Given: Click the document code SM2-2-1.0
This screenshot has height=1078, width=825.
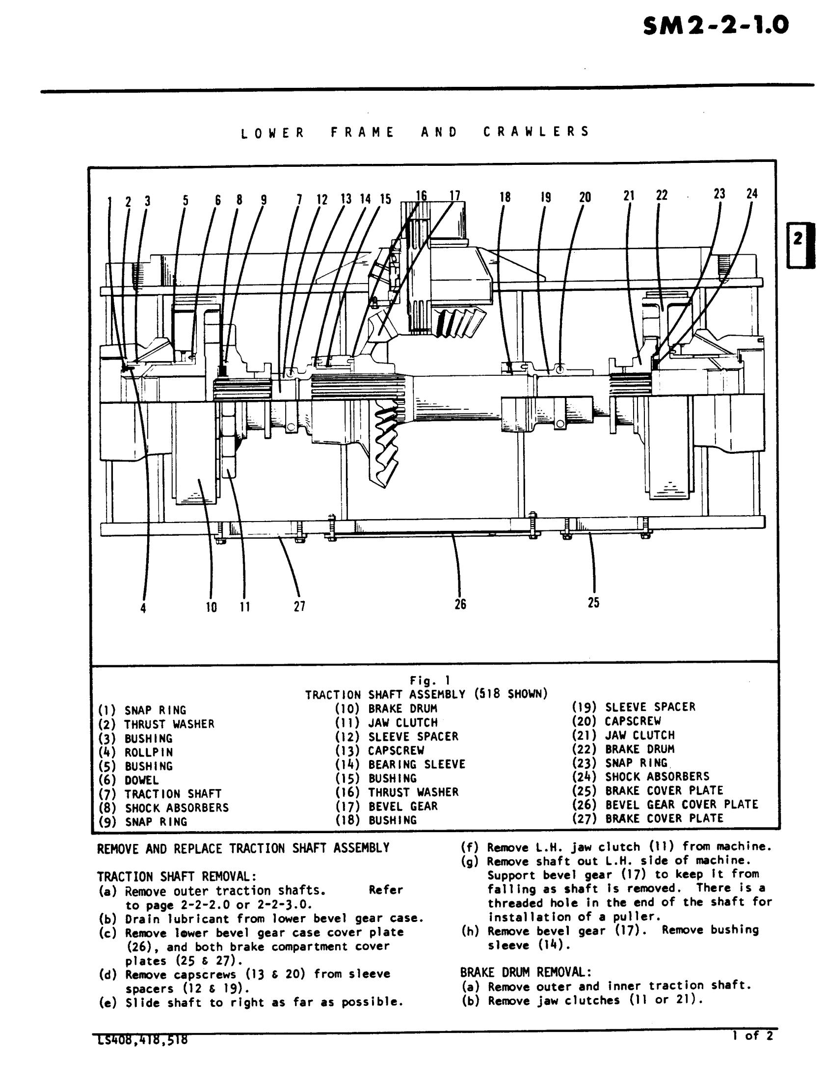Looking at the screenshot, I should (716, 26).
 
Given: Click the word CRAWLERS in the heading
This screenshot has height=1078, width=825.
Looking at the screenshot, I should (536, 131).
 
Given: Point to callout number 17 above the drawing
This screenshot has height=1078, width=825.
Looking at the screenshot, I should (455, 196).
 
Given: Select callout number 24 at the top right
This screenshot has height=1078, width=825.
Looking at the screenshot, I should (752, 194).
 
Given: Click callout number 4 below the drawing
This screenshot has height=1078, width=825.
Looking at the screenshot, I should (143, 608).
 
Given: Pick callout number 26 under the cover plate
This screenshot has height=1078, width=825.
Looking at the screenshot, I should (460, 604).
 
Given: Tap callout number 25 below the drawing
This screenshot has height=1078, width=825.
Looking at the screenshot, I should (594, 603).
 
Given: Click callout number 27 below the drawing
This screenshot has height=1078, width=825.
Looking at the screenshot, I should (299, 607).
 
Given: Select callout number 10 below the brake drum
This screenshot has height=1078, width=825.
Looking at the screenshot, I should (211, 607).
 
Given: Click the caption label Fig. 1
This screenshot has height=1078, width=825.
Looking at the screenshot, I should (430, 681).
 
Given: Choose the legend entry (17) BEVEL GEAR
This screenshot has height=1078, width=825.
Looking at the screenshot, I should (386, 806).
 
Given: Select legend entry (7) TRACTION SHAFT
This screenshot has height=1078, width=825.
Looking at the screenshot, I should (160, 794).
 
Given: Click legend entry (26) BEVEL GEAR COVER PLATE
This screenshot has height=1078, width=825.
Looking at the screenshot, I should (665, 805).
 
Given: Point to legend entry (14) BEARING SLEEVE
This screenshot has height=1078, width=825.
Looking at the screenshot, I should (399, 764).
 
